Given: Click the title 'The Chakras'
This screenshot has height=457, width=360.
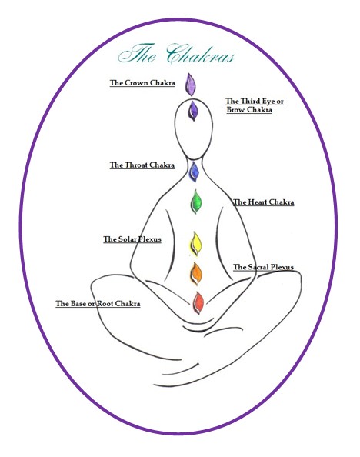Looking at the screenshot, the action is click(176, 54).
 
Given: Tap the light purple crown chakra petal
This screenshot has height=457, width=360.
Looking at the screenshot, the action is click(190, 85).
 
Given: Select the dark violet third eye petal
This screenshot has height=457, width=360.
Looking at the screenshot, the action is click(193, 111).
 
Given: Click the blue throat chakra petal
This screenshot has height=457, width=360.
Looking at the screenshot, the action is click(194, 172).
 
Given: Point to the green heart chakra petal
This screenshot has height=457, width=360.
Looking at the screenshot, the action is click(196, 202).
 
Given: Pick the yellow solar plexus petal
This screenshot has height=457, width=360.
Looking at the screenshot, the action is click(196, 244).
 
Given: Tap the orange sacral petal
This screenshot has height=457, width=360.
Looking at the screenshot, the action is click(196, 274).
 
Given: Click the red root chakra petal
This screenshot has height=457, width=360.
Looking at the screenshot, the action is click(198, 303).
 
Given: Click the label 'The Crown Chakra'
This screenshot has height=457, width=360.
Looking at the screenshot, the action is click(142, 83).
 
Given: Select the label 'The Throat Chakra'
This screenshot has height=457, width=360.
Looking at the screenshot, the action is click(142, 165).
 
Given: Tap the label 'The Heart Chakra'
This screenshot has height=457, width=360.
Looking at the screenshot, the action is click(264, 202).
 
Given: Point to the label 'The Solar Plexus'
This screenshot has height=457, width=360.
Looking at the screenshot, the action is click(132, 239).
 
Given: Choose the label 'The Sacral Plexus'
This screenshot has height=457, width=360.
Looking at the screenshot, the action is click(263, 267).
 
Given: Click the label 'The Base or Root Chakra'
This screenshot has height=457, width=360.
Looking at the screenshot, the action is click(98, 304).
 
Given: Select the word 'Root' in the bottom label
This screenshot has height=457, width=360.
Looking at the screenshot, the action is click(105, 304).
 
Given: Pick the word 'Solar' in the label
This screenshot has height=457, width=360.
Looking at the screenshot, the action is click(128, 239).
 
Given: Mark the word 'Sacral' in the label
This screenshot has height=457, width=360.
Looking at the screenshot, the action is click(258, 267).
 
